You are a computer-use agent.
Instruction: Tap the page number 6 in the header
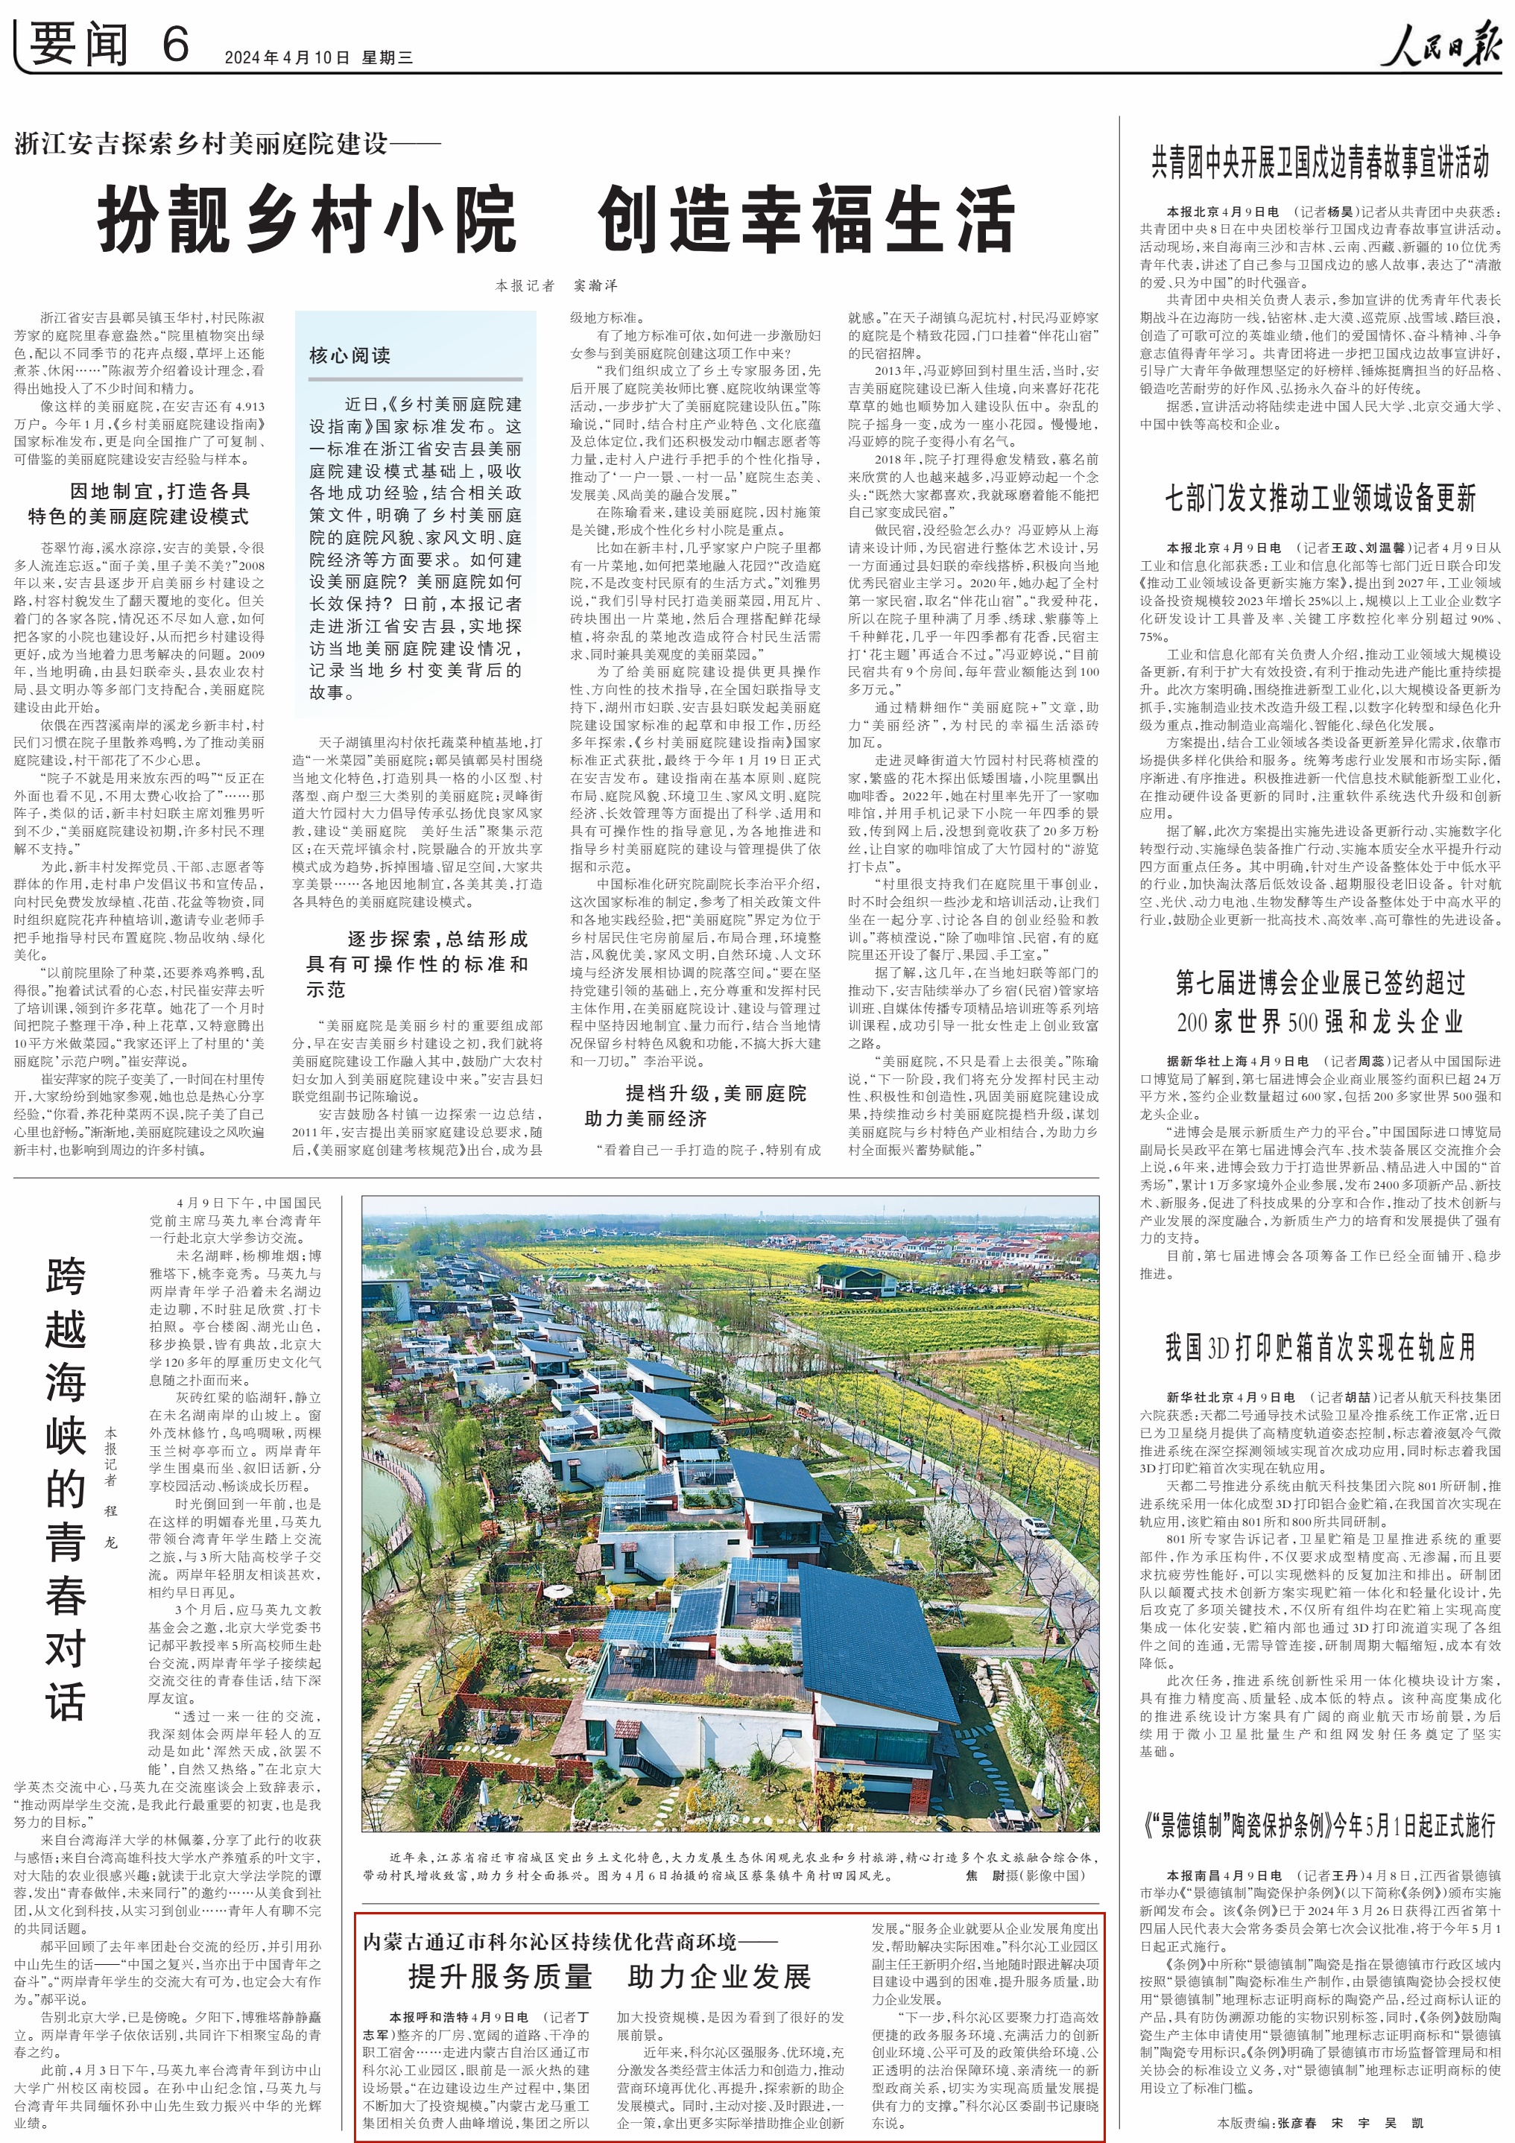(174, 44)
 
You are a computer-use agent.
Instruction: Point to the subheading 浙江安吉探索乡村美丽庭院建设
(227, 144)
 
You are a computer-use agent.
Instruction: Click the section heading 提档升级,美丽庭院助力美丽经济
(695, 1105)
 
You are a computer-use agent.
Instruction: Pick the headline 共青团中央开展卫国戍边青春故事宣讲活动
(1319, 162)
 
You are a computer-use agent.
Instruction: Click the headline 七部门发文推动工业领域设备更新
(1319, 498)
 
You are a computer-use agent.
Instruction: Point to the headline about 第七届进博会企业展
(1319, 1001)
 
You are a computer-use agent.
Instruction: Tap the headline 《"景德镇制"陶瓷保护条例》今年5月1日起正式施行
(1319, 1824)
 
